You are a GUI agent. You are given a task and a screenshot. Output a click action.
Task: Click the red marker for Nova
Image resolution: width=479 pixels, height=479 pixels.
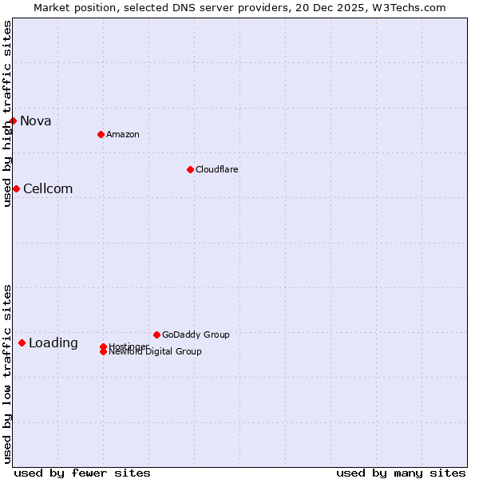click(14, 121)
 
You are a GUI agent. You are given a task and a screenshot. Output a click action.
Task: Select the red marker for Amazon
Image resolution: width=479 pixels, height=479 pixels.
click(101, 134)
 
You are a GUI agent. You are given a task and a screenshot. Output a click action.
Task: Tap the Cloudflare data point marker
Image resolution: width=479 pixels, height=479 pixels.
click(190, 169)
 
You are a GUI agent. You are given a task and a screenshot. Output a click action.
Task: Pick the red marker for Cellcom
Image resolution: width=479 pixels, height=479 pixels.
click(16, 188)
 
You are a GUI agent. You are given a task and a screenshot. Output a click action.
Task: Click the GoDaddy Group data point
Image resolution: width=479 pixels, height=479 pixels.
click(156, 335)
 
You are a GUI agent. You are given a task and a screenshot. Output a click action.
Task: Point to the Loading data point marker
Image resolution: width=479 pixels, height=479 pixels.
click(22, 342)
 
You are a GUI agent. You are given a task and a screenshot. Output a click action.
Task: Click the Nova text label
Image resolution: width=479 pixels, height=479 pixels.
click(36, 121)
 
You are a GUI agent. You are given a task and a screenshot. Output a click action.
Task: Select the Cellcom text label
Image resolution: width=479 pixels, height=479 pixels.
click(48, 189)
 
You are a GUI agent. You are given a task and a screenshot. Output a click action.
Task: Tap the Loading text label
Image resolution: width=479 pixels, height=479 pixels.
click(53, 343)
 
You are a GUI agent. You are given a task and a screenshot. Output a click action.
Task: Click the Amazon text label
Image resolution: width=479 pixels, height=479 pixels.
click(123, 134)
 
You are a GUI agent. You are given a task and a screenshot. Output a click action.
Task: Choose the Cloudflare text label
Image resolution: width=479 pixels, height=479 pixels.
click(217, 169)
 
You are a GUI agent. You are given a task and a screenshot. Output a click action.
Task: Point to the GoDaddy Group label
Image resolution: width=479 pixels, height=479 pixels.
click(196, 335)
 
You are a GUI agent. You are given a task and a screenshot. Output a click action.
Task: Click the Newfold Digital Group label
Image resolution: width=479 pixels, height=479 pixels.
click(156, 351)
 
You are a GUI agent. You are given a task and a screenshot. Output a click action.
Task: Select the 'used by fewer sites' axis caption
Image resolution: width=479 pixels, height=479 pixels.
click(82, 473)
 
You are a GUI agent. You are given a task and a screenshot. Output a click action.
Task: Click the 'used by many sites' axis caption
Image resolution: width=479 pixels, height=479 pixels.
click(401, 473)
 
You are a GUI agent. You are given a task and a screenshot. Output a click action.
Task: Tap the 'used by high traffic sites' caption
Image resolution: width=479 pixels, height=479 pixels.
click(7, 113)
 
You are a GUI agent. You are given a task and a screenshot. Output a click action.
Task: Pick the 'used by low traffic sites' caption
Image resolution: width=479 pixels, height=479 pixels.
click(7, 374)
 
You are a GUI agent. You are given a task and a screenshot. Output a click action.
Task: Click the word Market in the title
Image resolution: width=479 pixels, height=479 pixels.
click(51, 7)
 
